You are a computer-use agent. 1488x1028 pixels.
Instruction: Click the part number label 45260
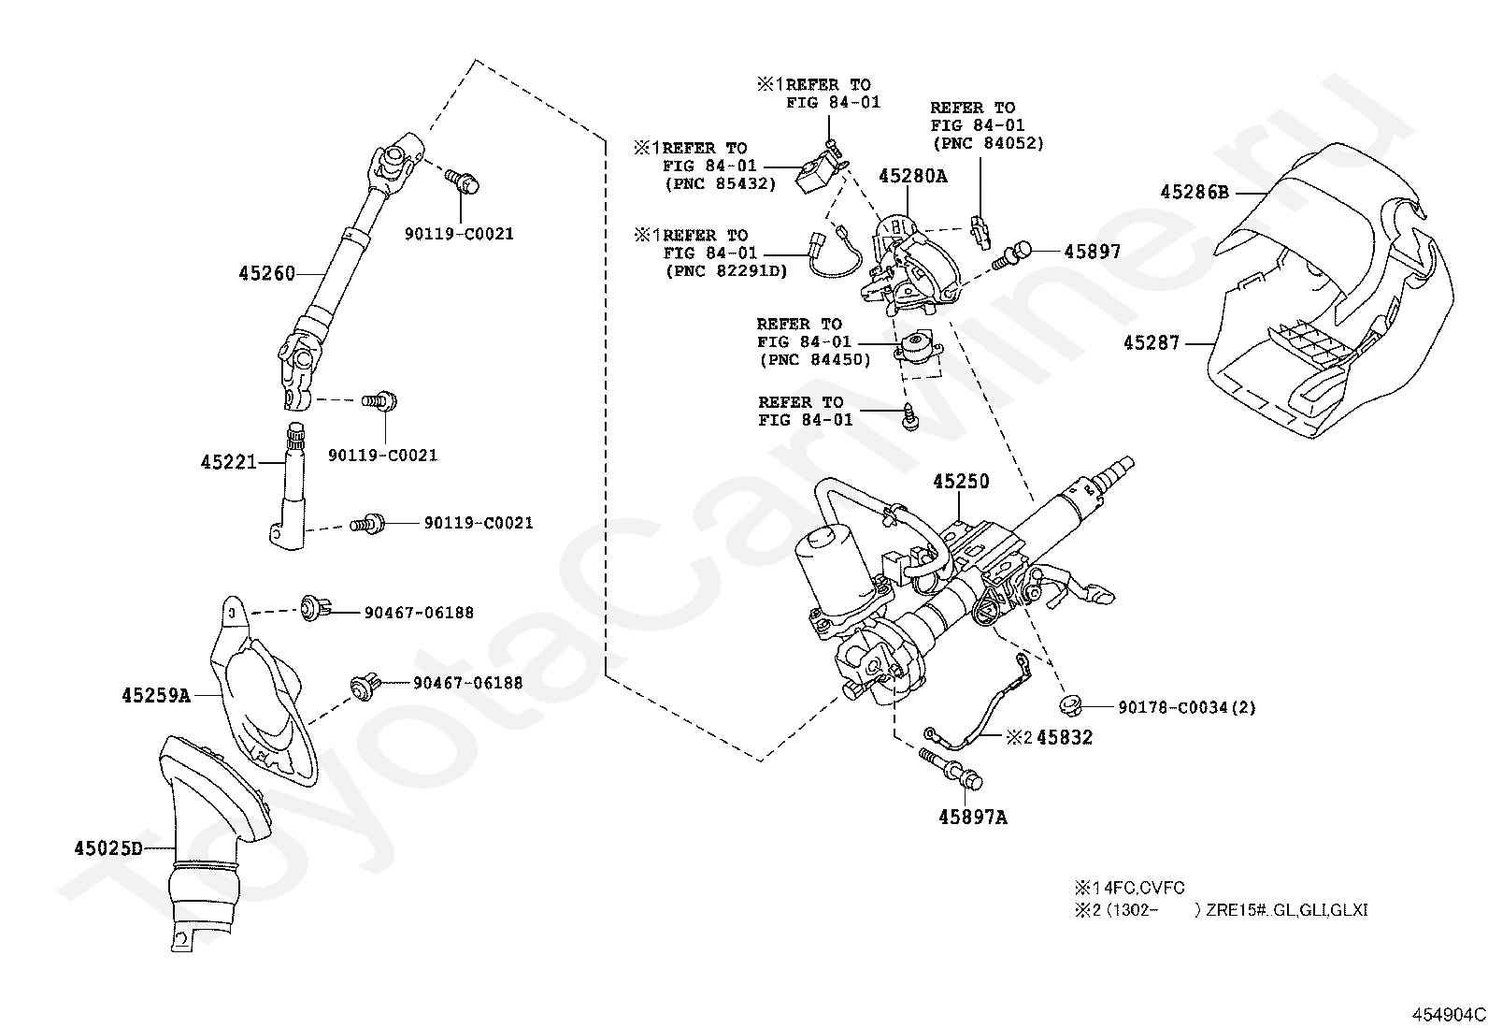[266, 273]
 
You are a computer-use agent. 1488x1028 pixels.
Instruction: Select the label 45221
[228, 461]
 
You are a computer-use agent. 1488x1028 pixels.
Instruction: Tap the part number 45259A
[155, 696]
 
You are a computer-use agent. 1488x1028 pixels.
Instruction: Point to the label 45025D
[108, 848]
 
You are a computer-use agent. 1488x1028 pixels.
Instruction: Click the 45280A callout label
[913, 176]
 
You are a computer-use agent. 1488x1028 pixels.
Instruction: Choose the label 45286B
[1195, 192]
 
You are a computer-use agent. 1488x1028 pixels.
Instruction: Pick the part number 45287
[1152, 343]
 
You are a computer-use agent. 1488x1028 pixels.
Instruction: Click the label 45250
[961, 482]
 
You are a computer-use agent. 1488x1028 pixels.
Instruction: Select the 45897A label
[972, 818]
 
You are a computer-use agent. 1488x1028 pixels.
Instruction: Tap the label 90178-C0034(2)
[1186, 707]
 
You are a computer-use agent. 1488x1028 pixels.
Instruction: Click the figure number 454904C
[1448, 1015]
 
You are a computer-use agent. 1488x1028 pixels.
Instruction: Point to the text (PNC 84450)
[815, 360]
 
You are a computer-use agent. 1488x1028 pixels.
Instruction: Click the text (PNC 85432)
[720, 183]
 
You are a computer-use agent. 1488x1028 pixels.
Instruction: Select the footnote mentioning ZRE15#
[1221, 909]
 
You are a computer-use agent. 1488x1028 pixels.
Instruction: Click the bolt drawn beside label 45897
[1012, 256]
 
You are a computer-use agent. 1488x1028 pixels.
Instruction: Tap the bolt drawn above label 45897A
[951, 769]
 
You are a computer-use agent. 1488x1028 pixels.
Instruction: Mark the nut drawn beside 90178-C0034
[1069, 704]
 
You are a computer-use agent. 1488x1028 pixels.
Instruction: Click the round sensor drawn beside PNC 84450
[918, 348]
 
